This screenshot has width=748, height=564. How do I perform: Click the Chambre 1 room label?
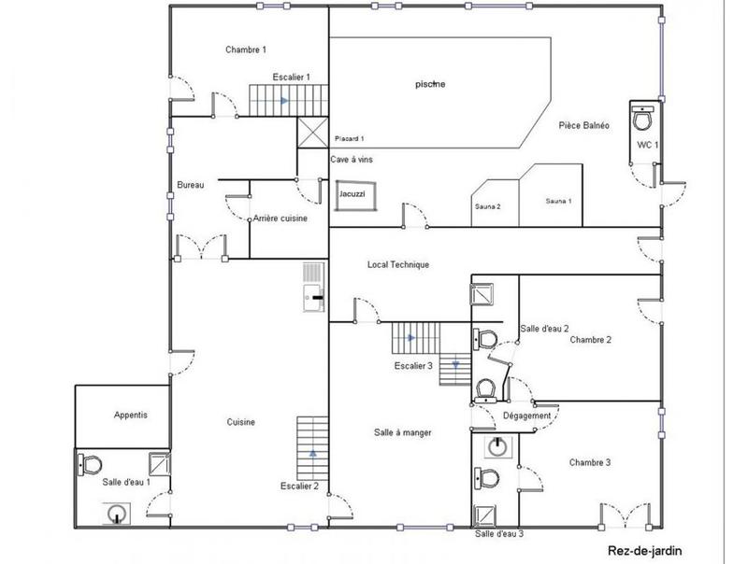tap(246, 49)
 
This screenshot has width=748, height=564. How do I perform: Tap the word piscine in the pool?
tap(430, 85)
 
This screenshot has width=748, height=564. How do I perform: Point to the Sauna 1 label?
tap(558, 201)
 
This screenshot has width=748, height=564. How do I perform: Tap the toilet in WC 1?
tap(643, 119)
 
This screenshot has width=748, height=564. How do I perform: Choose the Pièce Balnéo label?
tap(584, 125)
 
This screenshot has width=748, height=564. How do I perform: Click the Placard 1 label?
tap(348, 138)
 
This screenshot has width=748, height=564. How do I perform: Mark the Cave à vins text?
tap(352, 160)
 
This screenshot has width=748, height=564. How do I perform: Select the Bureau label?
tap(190, 185)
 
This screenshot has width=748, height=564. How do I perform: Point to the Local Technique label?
tap(397, 265)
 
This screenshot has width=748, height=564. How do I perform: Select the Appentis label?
tap(131, 415)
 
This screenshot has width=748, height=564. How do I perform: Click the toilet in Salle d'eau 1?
tap(90, 463)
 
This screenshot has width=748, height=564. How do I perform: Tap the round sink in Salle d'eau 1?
tap(117, 512)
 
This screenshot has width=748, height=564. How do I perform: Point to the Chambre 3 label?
tap(590, 463)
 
